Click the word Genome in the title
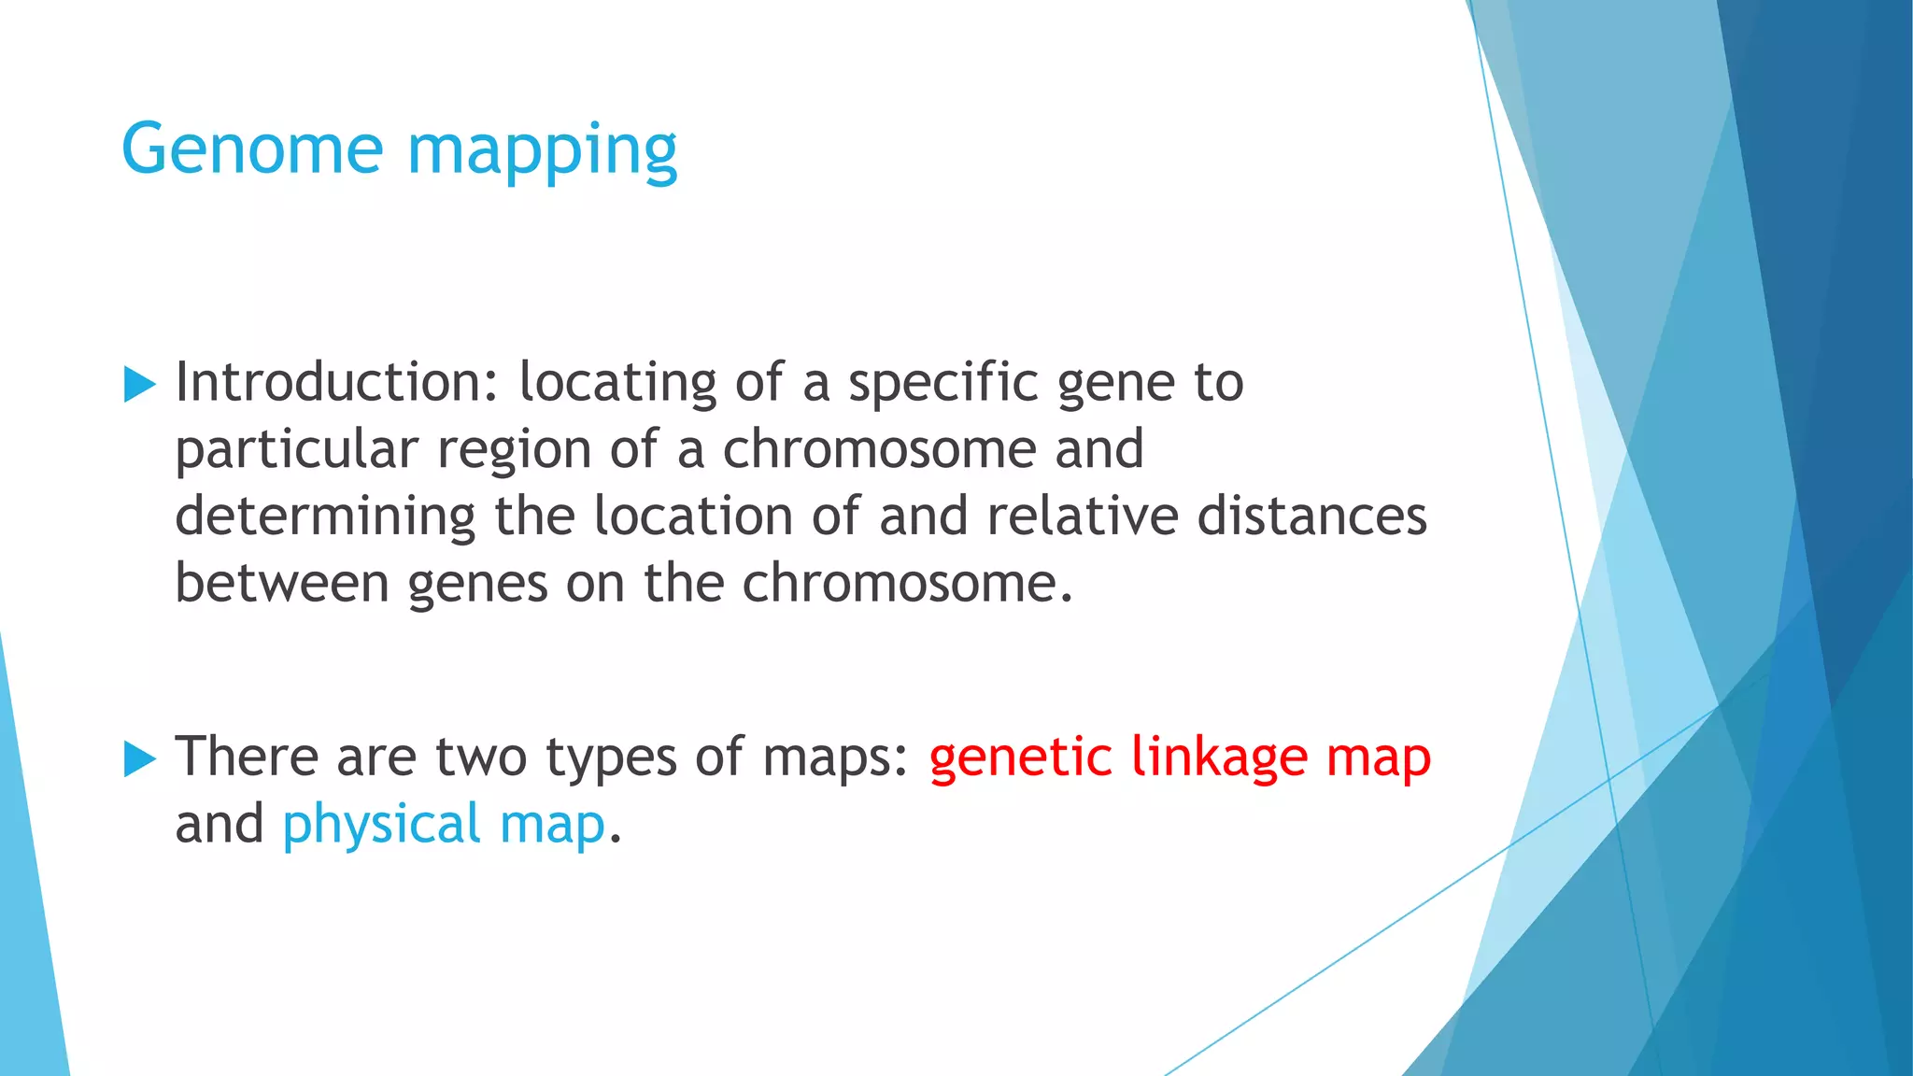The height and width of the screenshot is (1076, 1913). [x=252, y=149]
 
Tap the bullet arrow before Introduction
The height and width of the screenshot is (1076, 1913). [x=139, y=384]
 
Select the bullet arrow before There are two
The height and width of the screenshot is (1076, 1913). [x=139, y=758]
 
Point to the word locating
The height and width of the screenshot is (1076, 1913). [x=617, y=384]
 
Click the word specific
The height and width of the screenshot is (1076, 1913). [x=942, y=384]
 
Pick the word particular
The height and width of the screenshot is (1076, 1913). [x=296, y=451]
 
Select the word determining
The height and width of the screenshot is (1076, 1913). [x=325, y=517]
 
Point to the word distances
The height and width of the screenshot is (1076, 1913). [x=1311, y=517]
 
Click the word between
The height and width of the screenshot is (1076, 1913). [x=282, y=584]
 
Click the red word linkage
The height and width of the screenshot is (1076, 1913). [x=1219, y=758]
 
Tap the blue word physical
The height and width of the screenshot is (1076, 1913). [x=381, y=826]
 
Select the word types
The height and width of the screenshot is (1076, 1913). [x=611, y=758]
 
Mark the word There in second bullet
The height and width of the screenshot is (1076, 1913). [x=247, y=757]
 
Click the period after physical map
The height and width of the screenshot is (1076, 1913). [x=615, y=839]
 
